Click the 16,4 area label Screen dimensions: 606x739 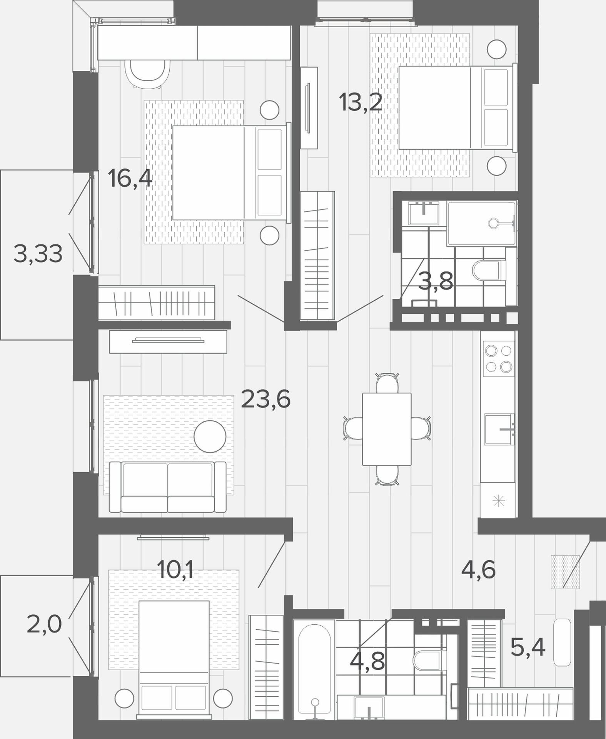pos(130,179)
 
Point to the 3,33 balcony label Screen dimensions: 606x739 pos(38,254)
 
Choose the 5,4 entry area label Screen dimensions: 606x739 pos(528,647)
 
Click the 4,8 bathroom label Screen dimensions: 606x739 pos(367,660)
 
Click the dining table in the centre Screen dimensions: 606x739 pos(387,429)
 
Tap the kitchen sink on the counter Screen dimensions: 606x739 pos(499,429)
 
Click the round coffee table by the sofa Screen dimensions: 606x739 pos(210,436)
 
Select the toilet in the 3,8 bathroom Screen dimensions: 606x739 pos(486,271)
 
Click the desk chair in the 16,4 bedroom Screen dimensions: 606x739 pos(148,74)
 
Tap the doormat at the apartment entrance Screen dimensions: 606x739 pos(565,572)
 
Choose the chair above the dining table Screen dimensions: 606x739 pos(387,383)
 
